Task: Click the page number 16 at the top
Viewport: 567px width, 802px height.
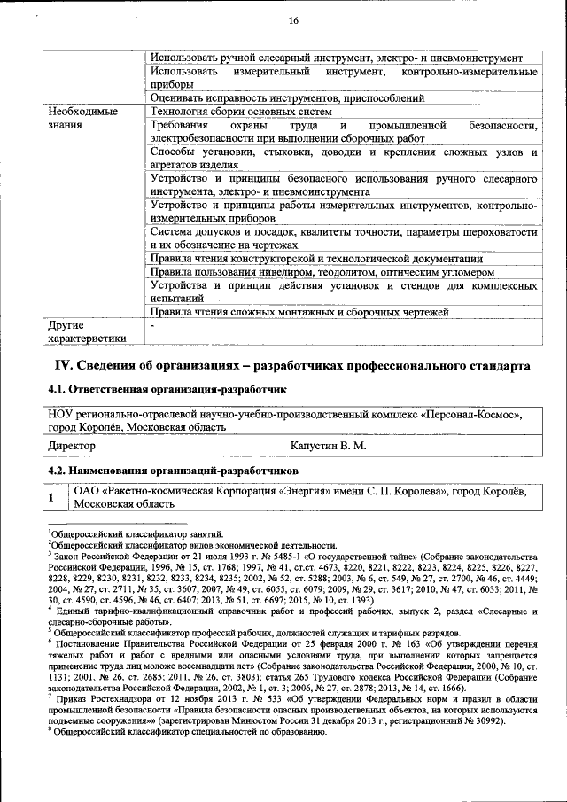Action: (293, 21)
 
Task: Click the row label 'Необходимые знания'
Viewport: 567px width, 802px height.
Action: (82, 119)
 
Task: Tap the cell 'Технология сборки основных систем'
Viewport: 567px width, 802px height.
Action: (241, 112)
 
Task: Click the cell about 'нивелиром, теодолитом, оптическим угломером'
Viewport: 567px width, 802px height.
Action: (321, 272)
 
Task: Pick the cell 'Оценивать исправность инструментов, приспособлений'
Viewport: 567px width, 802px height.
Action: (287, 98)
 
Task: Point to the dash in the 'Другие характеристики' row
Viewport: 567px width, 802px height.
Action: (153, 325)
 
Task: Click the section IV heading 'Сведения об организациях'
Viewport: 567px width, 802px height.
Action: (292, 365)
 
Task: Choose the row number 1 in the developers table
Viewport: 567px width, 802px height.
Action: (52, 498)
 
